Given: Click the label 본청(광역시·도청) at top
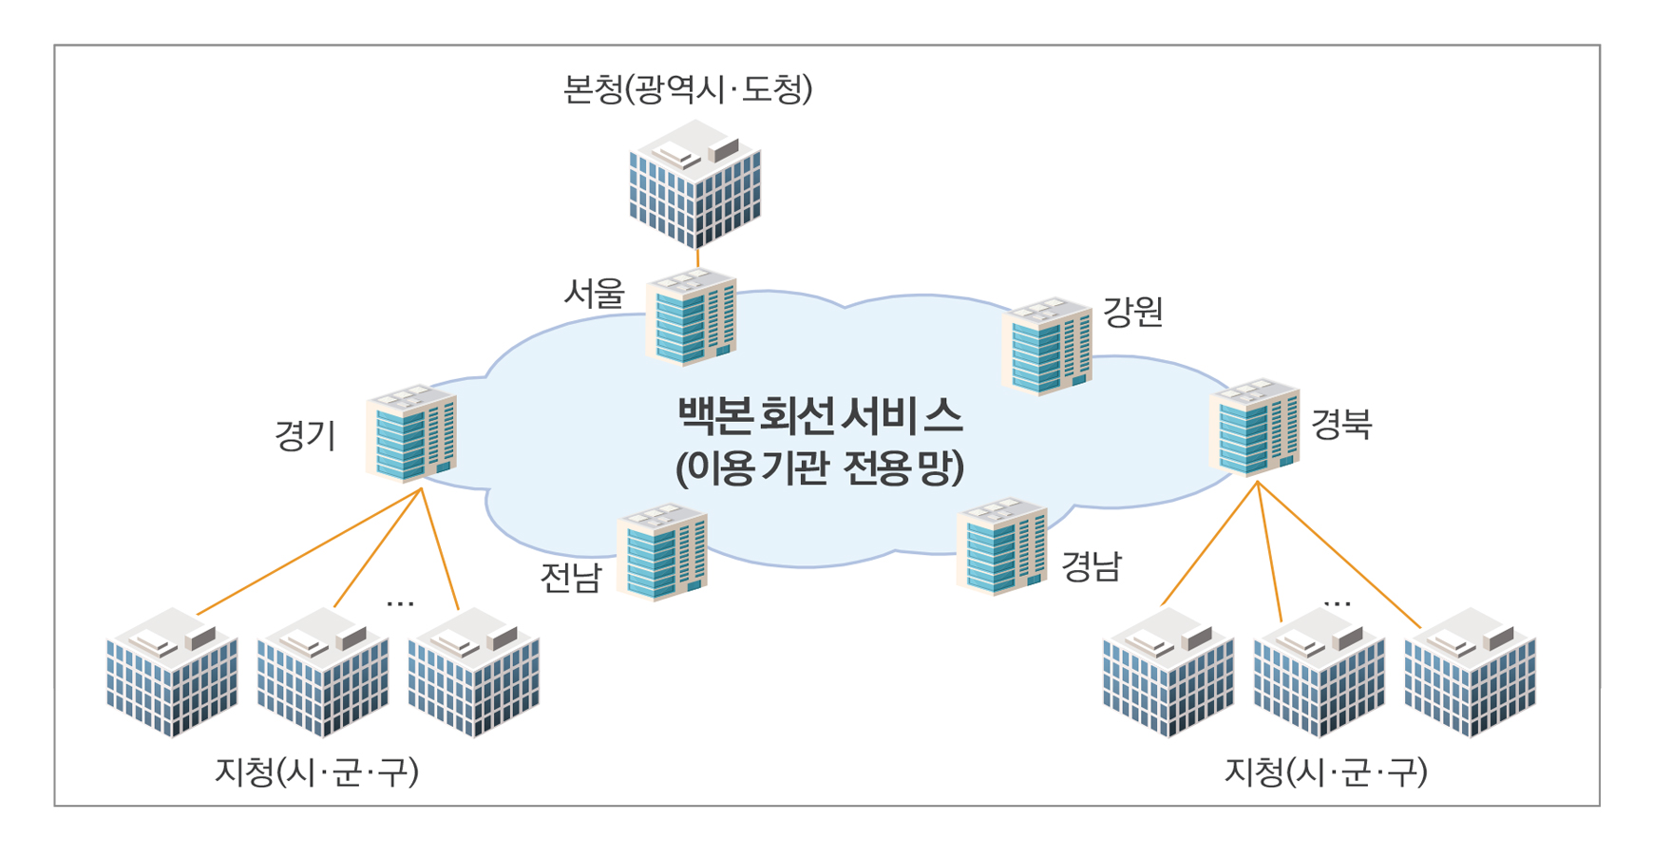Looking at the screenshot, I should (688, 90).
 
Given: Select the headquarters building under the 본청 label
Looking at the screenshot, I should (695, 185).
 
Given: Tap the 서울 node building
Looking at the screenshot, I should (692, 318).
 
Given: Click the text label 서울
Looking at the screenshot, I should (595, 294).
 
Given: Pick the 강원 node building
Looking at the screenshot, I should (1047, 347).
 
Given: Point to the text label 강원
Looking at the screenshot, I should (1132, 312).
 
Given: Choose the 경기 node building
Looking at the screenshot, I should (411, 434).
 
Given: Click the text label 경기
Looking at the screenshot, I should (305, 436).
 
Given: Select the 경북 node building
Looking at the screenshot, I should (1254, 428).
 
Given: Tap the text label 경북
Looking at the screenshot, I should (1341, 424).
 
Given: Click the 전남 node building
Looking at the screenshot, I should (663, 553).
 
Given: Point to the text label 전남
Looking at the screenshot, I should (570, 577).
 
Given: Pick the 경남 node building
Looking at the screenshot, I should (1002, 547).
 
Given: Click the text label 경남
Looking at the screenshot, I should (1092, 566).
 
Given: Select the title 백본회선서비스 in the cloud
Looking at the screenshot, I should (819, 416).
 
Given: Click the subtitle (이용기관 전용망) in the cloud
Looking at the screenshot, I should (819, 467).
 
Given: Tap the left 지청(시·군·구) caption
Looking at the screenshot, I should (316, 771).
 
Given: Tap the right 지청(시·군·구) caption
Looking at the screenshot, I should (1324, 771).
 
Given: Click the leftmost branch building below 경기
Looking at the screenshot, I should (172, 673).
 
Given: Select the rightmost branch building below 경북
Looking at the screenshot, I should (1470, 673).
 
